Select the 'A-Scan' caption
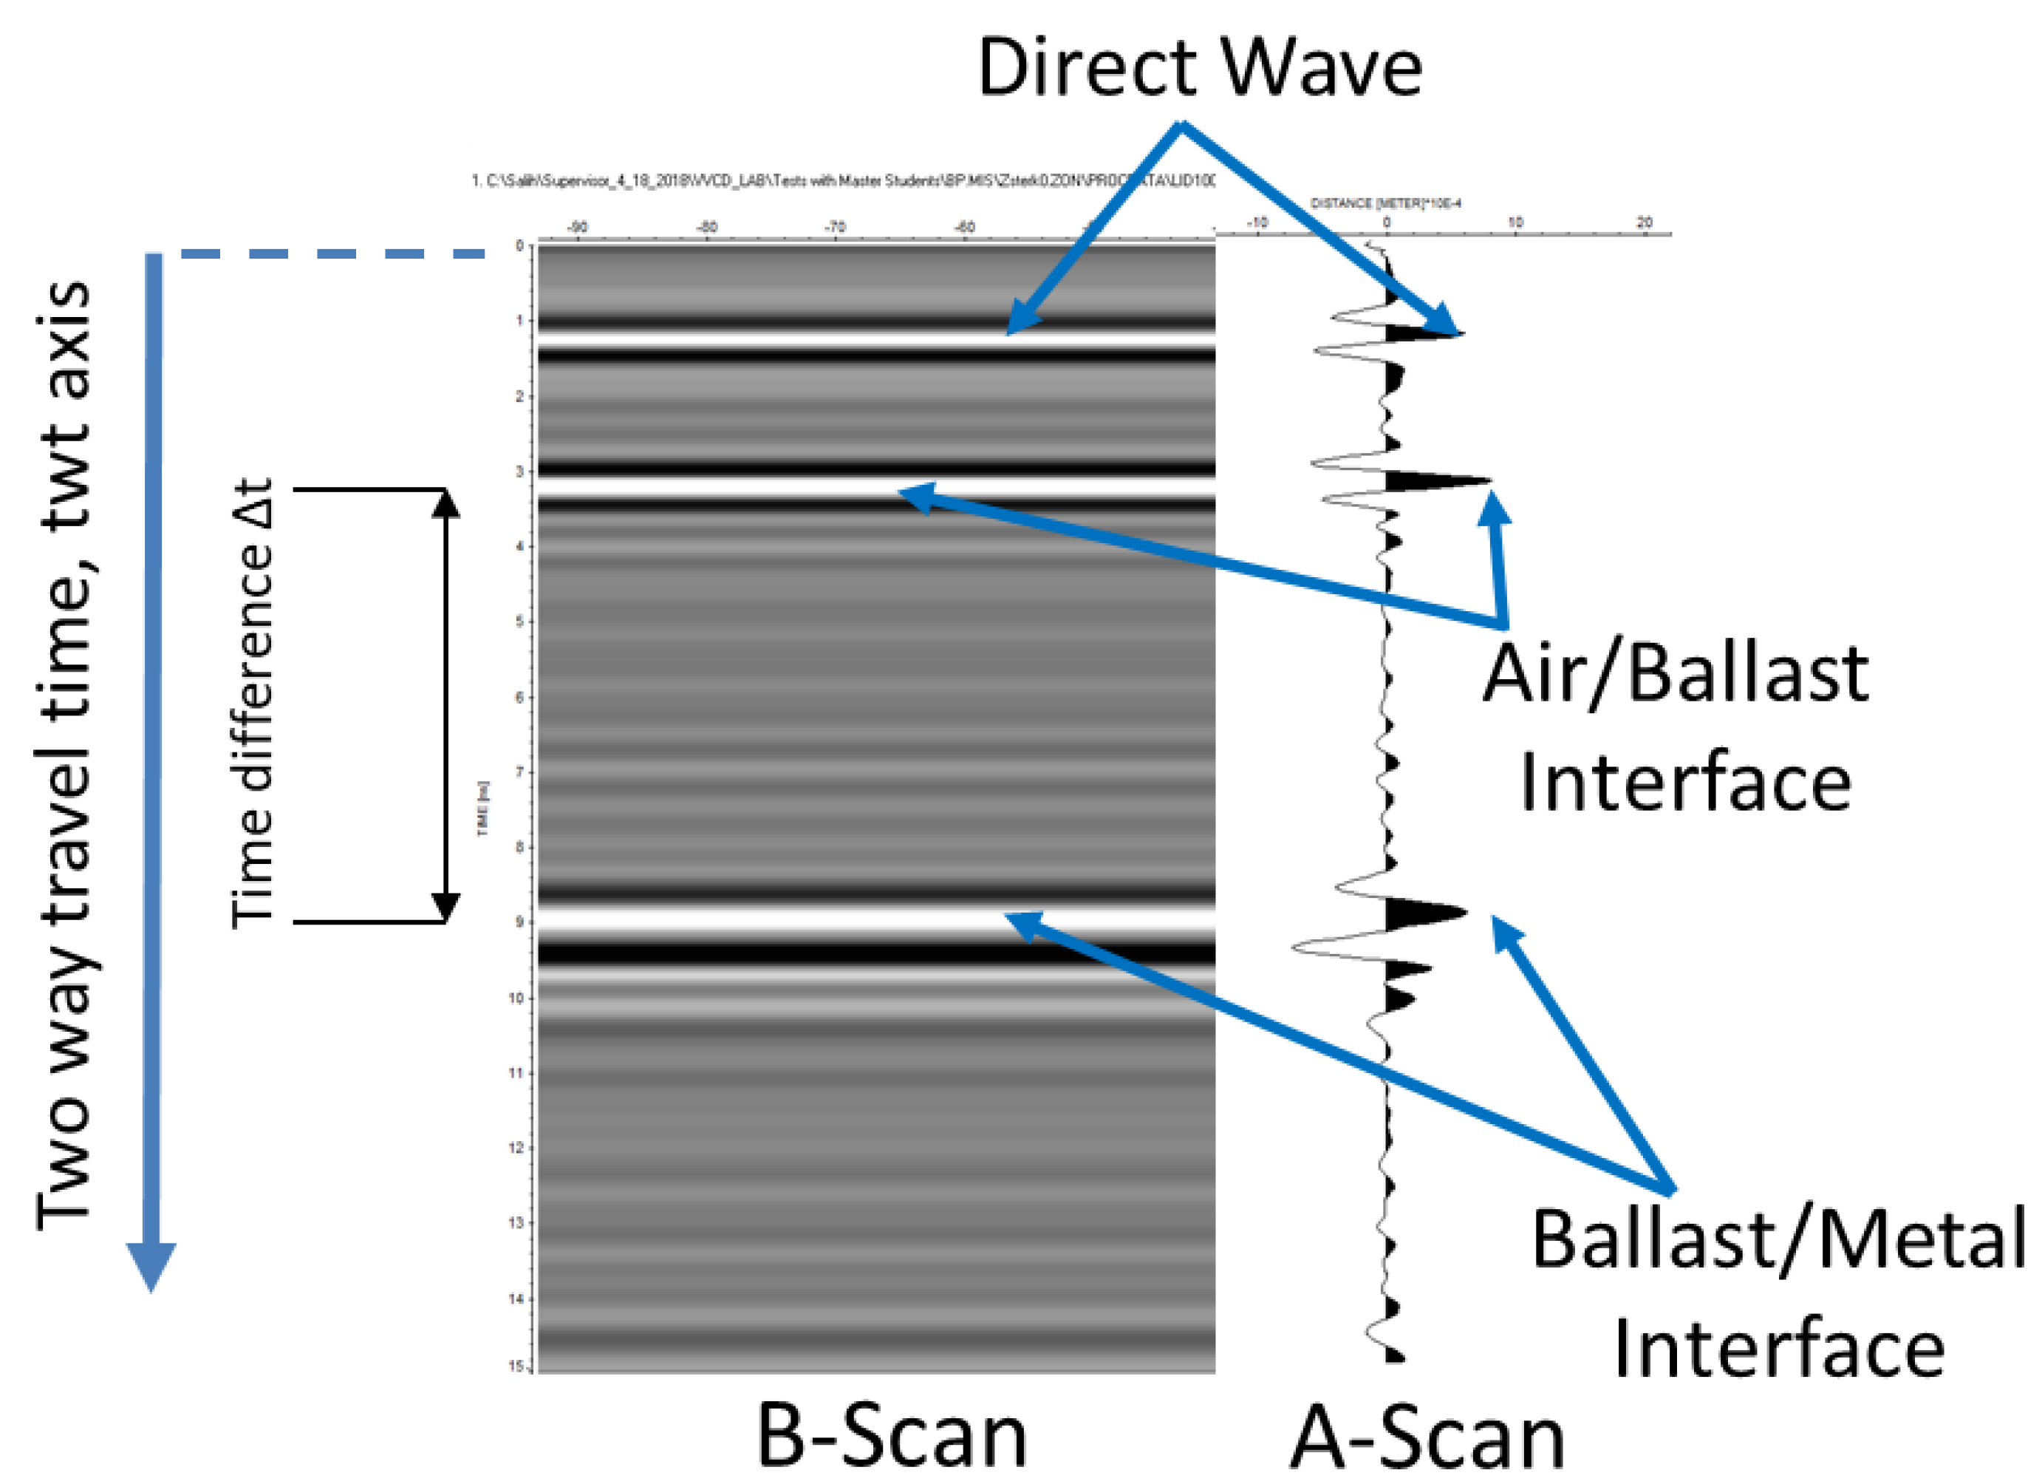1427,1439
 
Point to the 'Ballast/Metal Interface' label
1779,1293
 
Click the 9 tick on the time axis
519,922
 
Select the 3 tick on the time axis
519,471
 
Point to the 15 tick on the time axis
517,1366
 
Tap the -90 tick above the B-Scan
577,227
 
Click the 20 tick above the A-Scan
1644,222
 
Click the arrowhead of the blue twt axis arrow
151,1265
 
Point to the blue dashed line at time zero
333,254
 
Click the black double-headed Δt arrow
445,705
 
